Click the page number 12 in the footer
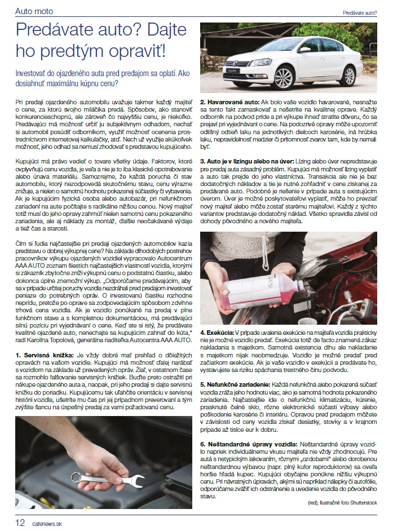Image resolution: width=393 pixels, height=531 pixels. point(20,523)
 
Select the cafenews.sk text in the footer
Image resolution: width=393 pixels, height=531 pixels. point(47,523)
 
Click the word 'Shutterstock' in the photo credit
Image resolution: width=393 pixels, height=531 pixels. point(368,502)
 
